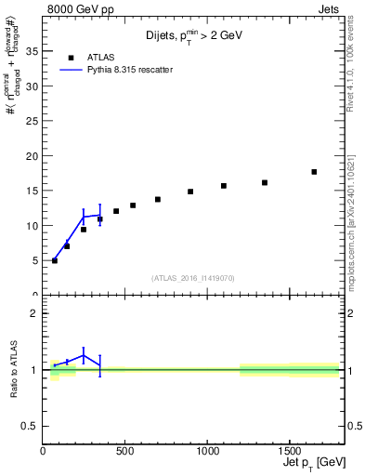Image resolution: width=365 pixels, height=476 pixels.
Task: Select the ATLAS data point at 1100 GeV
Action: coord(224,186)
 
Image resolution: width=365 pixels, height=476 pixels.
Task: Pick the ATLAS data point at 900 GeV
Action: coord(190,192)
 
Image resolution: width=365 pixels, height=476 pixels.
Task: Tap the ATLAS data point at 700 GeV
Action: coord(158,199)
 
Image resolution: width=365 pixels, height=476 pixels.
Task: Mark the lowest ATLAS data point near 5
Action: coord(55,260)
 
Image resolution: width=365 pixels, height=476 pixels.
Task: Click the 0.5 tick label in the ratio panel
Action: coord(30,426)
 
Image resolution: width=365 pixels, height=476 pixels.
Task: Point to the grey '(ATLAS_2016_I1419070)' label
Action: coord(193,277)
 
